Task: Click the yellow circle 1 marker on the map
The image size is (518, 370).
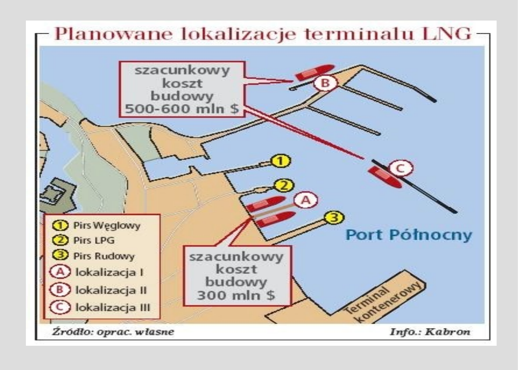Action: (x=280, y=161)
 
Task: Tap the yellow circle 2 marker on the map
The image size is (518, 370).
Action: (x=284, y=186)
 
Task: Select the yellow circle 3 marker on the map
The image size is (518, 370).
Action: (x=334, y=217)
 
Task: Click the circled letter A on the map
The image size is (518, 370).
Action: (x=306, y=200)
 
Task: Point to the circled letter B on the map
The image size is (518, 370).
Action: (x=325, y=83)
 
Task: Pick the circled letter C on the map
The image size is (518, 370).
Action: (x=401, y=168)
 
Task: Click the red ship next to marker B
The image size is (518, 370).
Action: (x=315, y=72)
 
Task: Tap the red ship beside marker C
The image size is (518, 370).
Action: (x=384, y=177)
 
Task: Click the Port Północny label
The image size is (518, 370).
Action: (x=409, y=235)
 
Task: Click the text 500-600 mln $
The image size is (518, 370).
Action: (x=182, y=109)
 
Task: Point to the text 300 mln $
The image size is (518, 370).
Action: (x=236, y=295)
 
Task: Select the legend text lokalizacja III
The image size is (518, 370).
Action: (x=113, y=308)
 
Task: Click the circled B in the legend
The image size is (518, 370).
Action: (x=60, y=290)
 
